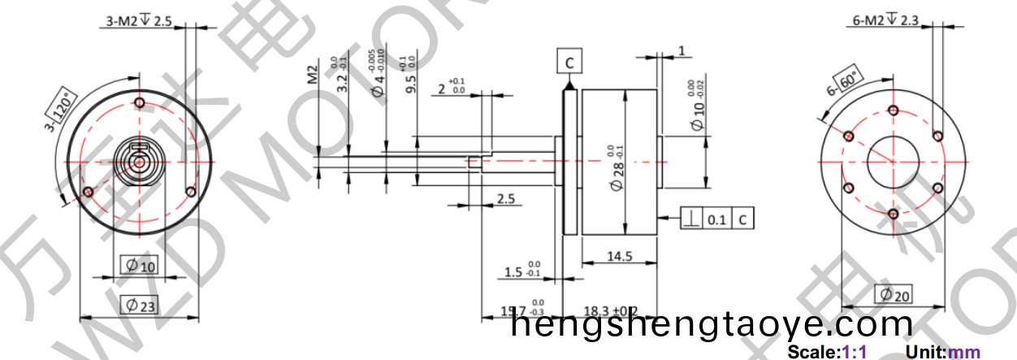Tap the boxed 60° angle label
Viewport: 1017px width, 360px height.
tap(849, 82)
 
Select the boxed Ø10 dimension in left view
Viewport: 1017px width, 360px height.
tap(139, 266)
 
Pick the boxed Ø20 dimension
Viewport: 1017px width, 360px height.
tap(893, 295)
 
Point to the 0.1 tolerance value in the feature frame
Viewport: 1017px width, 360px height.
tap(717, 219)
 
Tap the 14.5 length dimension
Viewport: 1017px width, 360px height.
tap(619, 256)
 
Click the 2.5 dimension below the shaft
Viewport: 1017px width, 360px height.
tap(504, 198)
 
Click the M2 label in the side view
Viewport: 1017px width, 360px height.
tap(311, 76)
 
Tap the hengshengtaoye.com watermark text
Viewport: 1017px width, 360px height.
tap(712, 325)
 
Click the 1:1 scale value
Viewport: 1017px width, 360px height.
tap(855, 353)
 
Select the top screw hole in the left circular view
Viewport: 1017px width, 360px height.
tap(140, 103)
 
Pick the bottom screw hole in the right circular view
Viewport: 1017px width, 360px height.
tap(893, 214)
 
